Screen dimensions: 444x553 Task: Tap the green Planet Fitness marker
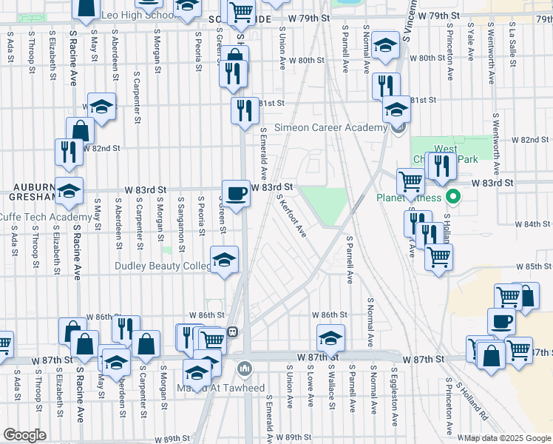coord(455,198)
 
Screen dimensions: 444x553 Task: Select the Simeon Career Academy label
coord(330,127)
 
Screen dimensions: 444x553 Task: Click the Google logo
coord(24,435)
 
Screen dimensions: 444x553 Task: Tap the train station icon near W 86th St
coord(231,332)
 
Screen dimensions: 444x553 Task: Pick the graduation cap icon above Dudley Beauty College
coord(224,260)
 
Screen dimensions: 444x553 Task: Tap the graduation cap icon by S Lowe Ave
coord(330,338)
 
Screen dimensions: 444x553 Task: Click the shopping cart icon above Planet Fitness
coord(410,181)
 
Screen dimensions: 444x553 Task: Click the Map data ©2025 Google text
coord(506,438)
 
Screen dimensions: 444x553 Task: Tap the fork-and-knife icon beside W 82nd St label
coord(69,151)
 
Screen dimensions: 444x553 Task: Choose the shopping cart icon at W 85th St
coord(439,257)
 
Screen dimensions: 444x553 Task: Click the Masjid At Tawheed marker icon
coord(245,368)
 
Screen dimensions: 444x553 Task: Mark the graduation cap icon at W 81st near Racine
coord(101,107)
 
